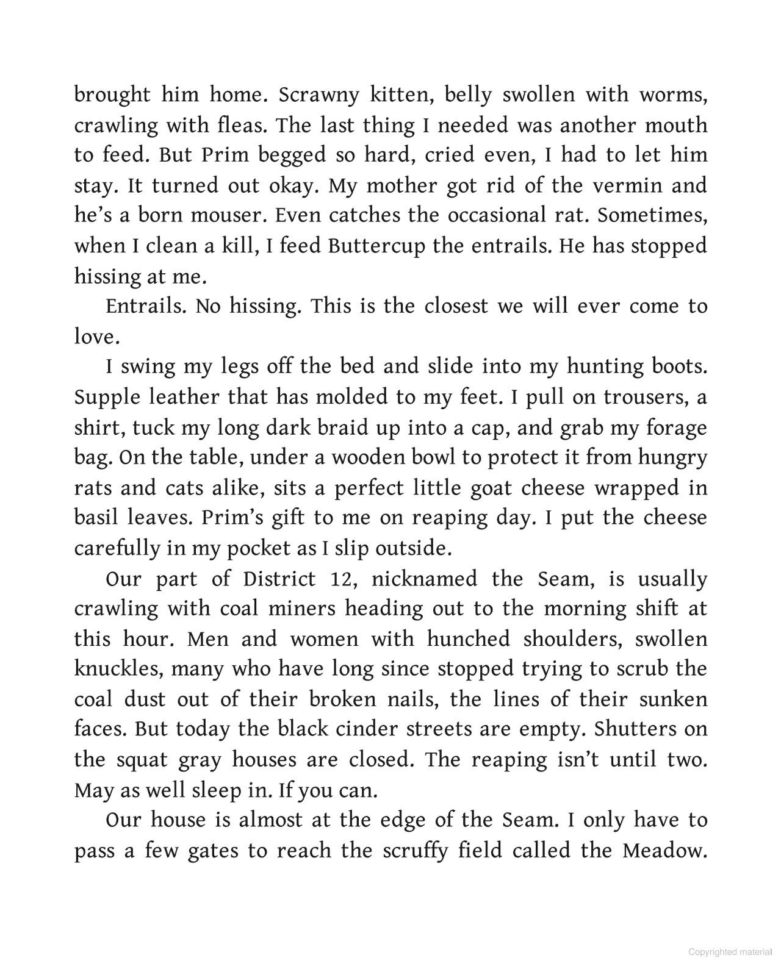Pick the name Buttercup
(376, 246)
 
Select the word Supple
(105, 398)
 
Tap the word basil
(95, 518)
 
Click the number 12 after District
(337, 579)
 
